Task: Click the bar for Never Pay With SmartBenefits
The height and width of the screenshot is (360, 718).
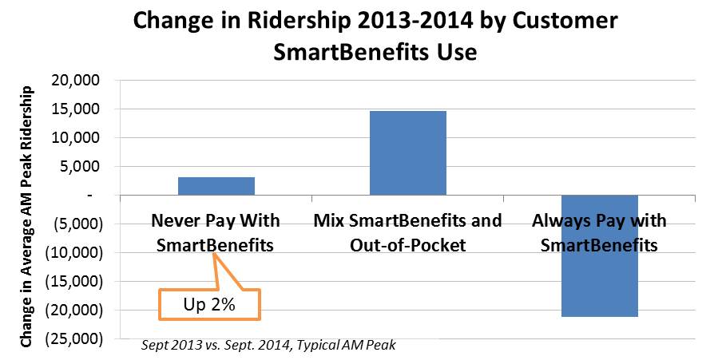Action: pos(216,186)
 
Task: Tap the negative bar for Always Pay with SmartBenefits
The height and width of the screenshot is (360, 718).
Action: pos(599,255)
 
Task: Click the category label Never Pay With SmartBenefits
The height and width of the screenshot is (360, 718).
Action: pos(216,232)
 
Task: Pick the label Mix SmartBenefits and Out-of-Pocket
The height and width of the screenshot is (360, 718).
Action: pos(407,232)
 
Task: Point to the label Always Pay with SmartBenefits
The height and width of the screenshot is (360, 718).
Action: pos(599,232)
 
